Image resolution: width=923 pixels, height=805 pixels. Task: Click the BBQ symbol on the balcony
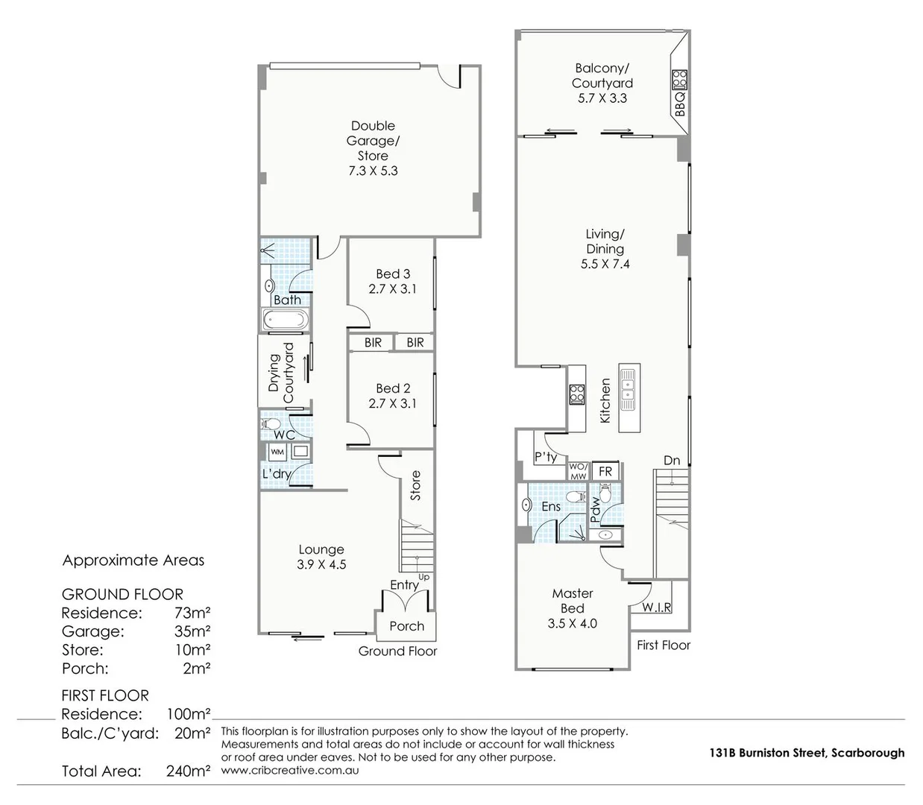tap(679, 78)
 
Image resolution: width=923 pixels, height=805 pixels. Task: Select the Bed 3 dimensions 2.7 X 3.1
tap(392, 289)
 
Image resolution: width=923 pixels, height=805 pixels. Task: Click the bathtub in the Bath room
tap(284, 321)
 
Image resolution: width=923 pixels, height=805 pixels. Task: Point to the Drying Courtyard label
tap(281, 370)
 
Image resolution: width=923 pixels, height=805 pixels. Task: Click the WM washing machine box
tap(277, 452)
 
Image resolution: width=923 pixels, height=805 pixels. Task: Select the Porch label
tap(406, 626)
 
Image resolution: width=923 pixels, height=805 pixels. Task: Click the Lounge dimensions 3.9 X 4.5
tap(321, 565)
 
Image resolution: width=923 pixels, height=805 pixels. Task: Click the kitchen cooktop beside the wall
tap(576, 393)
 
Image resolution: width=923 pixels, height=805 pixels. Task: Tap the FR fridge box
tap(605, 471)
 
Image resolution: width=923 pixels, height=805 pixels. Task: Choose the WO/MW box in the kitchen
tap(579, 471)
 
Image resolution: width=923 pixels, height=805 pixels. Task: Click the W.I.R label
tap(656, 607)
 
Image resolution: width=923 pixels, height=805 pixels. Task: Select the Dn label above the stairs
tap(672, 461)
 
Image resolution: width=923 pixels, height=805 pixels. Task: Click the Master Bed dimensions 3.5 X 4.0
tap(572, 624)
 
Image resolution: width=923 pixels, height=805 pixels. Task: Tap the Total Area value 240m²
tap(188, 771)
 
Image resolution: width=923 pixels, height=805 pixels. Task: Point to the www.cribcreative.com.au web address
tap(290, 770)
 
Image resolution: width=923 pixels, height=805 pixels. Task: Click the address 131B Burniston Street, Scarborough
tap(807, 753)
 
